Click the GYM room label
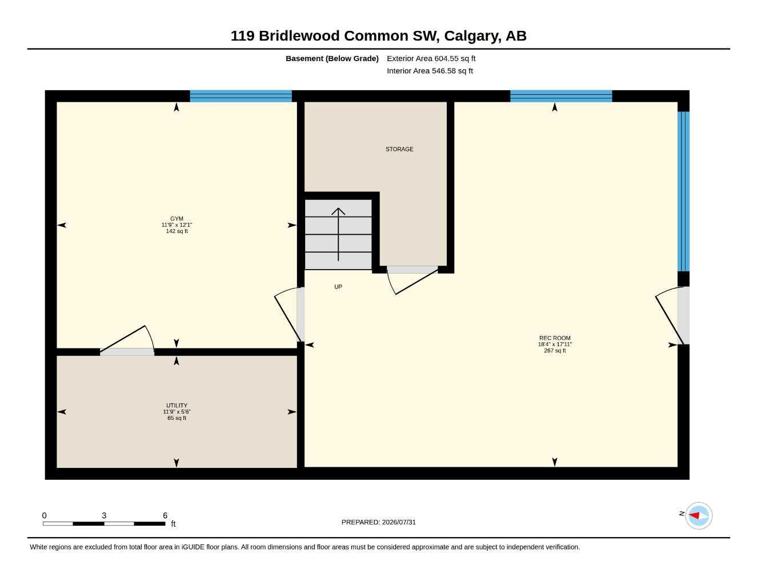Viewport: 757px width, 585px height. (x=177, y=219)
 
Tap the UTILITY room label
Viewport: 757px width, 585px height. (x=177, y=405)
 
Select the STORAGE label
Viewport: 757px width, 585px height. (x=399, y=149)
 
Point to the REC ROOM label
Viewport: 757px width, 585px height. (x=555, y=338)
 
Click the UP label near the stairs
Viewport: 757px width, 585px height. (x=338, y=287)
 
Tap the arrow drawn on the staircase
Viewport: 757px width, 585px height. (x=338, y=234)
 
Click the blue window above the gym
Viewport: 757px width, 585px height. (x=241, y=96)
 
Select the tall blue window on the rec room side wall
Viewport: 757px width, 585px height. (x=683, y=191)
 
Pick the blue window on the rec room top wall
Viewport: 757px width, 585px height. (x=561, y=96)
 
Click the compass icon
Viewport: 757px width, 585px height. (x=699, y=515)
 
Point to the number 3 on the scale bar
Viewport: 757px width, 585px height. (x=104, y=515)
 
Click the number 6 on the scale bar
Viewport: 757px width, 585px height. (x=165, y=515)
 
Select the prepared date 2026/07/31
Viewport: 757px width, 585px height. (x=399, y=522)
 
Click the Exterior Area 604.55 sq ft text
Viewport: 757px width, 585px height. (x=431, y=58)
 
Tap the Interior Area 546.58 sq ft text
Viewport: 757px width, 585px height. (x=430, y=71)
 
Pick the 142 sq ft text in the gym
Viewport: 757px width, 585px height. (x=177, y=231)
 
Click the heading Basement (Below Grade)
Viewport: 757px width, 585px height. (x=332, y=58)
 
